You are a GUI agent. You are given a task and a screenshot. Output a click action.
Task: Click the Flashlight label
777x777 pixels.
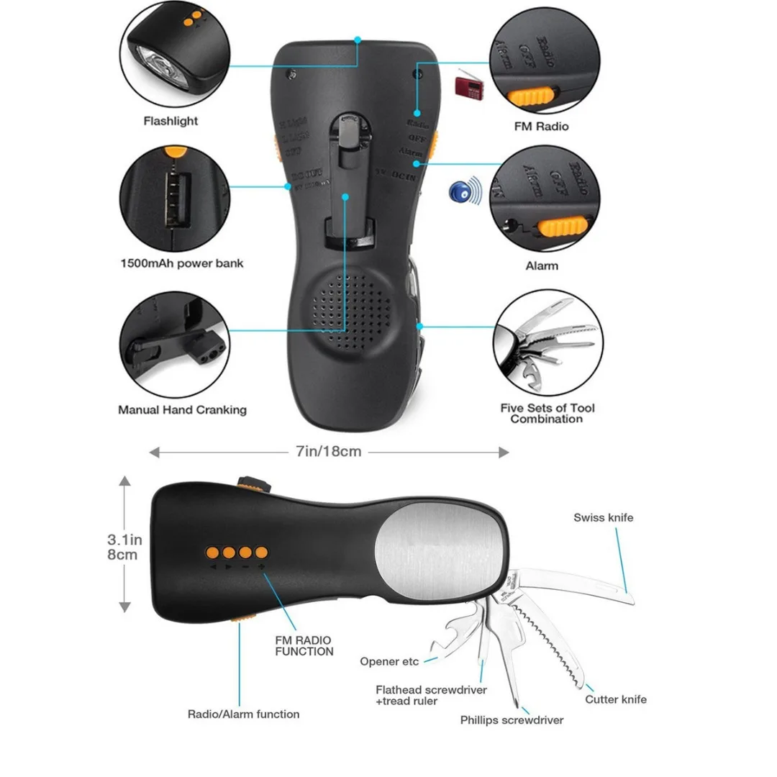click(171, 121)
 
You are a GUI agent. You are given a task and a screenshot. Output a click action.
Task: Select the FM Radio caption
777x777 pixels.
click(541, 127)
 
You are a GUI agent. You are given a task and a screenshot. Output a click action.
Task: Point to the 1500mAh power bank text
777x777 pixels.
click(181, 263)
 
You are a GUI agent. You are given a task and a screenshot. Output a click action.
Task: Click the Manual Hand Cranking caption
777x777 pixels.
click(182, 410)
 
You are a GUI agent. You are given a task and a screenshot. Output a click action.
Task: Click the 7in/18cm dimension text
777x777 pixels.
click(327, 452)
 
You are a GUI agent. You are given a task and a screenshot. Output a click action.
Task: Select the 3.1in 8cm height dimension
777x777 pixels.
click(122, 547)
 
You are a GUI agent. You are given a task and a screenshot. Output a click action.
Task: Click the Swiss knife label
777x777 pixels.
click(604, 517)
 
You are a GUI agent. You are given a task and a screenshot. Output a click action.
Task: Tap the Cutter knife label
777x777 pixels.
click(616, 699)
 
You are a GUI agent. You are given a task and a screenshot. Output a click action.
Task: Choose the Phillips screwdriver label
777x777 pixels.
click(512, 720)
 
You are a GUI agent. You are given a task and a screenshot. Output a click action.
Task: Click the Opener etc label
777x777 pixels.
click(389, 661)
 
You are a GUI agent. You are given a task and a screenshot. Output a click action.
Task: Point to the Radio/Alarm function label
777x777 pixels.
click(243, 714)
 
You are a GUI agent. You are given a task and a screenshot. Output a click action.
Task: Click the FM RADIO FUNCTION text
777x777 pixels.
click(304, 645)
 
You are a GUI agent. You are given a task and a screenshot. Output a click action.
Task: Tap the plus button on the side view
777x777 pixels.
click(261, 553)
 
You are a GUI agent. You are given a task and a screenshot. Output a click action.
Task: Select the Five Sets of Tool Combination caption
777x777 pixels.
click(547, 413)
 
